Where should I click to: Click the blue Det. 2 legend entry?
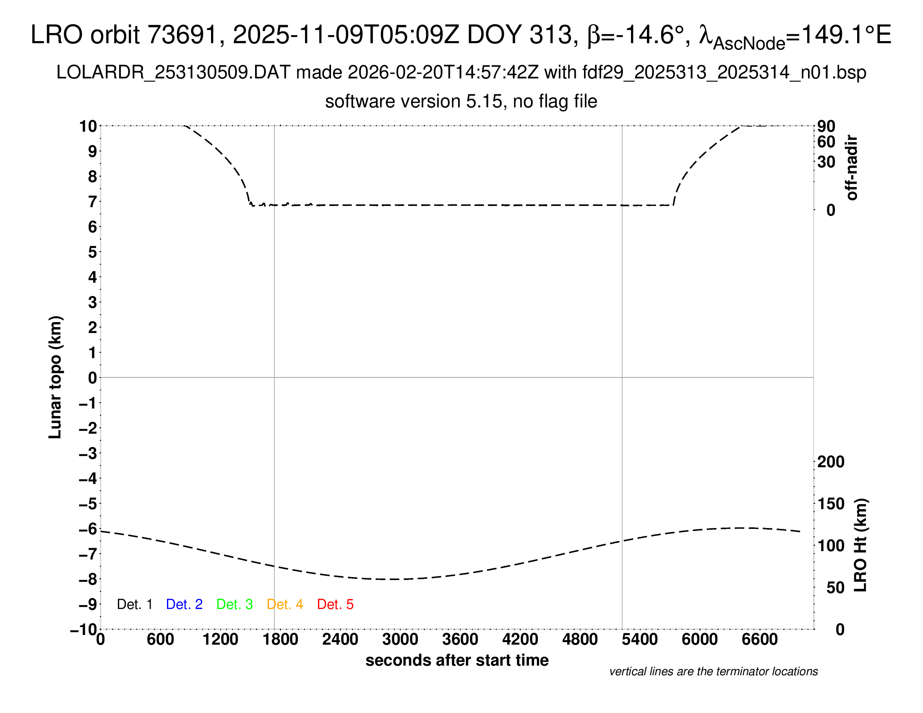click(x=184, y=604)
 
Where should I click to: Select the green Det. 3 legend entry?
click(x=235, y=604)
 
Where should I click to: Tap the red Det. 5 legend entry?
click(x=335, y=604)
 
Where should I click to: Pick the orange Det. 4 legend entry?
click(x=285, y=604)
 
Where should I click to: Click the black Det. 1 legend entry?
click(x=134, y=604)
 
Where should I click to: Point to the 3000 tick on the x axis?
click(x=400, y=640)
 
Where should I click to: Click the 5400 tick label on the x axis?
click(x=640, y=640)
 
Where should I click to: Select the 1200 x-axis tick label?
click(x=220, y=640)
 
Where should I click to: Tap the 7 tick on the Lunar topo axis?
click(x=93, y=202)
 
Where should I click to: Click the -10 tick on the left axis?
click(x=83, y=630)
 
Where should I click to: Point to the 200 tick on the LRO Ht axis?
click(x=831, y=462)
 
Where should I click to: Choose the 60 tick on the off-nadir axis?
click(x=826, y=142)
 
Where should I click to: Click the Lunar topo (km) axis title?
click(x=55, y=377)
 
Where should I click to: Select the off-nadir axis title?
click(x=852, y=168)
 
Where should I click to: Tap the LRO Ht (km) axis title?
click(x=860, y=545)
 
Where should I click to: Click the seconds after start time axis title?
click(x=457, y=660)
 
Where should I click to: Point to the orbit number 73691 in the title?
click(x=182, y=35)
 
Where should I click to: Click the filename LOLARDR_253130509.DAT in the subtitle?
click(x=173, y=73)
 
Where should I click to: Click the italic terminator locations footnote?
click(x=713, y=671)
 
